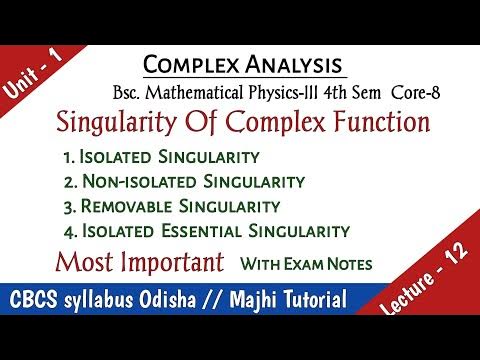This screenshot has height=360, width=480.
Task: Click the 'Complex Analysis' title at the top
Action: click(x=245, y=65)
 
